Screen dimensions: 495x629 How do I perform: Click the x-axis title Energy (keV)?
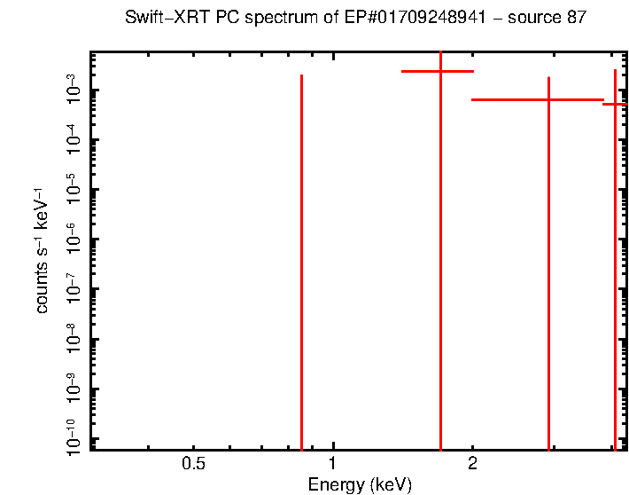(359, 484)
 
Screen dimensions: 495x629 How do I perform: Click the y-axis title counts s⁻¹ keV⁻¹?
(43, 250)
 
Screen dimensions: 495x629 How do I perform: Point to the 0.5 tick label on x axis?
(193, 463)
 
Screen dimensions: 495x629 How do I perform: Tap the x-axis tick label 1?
(332, 463)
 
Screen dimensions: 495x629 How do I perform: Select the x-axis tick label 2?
(472, 463)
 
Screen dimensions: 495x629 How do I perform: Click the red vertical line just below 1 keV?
(302, 266)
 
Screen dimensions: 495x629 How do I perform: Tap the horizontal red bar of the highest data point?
(416, 71)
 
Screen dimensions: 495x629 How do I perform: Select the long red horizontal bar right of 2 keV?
(514, 99)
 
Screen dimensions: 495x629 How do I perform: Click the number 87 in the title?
(575, 19)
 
